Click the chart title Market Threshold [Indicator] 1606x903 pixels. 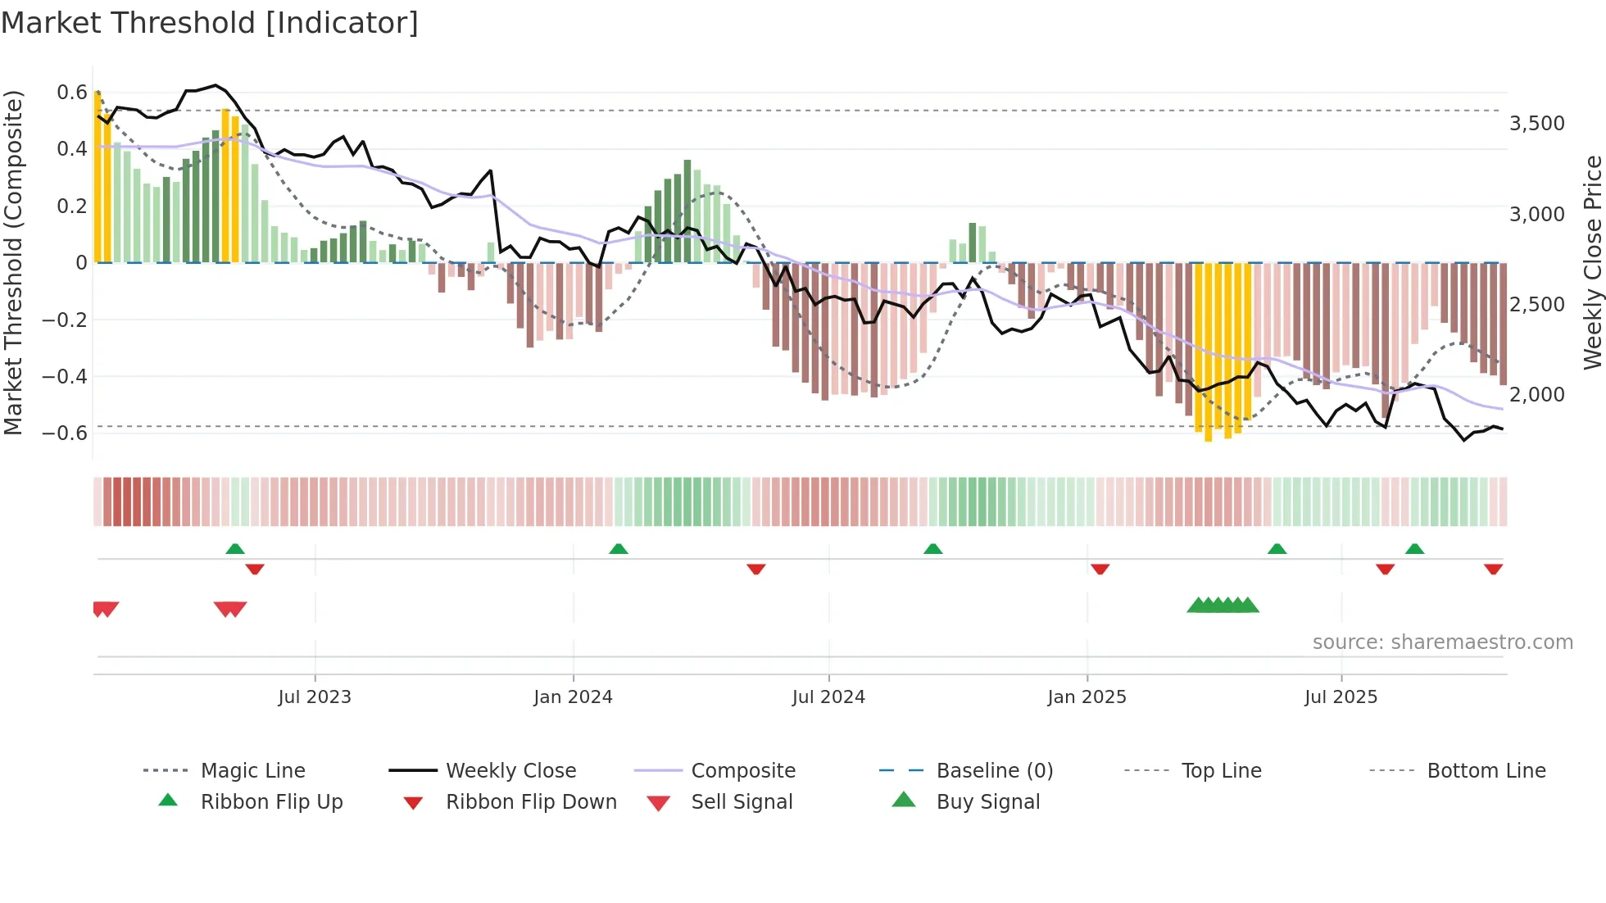click(x=210, y=23)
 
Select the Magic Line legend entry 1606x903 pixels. click(x=252, y=771)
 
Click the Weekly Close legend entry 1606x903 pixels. click(x=510, y=771)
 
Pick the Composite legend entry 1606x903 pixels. click(x=742, y=771)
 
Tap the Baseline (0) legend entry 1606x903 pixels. click(x=994, y=771)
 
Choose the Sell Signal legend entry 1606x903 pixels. click(x=741, y=802)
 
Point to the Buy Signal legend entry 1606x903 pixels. click(x=987, y=802)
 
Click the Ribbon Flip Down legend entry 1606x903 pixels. click(x=530, y=802)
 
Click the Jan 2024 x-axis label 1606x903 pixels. click(x=573, y=697)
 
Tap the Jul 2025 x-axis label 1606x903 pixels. click(x=1341, y=697)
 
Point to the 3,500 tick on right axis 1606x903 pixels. click(x=1536, y=124)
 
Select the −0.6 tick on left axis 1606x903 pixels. click(x=65, y=433)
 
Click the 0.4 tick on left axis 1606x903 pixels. click(x=71, y=149)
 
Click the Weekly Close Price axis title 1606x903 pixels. click(x=1592, y=262)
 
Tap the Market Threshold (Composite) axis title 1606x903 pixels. click(x=13, y=262)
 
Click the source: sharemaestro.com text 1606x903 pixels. click(x=1442, y=642)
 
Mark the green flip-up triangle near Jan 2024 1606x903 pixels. click(x=619, y=549)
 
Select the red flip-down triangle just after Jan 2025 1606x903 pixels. click(x=1100, y=569)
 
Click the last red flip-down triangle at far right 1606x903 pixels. click(x=1493, y=569)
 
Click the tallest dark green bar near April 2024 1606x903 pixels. click(x=687, y=211)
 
